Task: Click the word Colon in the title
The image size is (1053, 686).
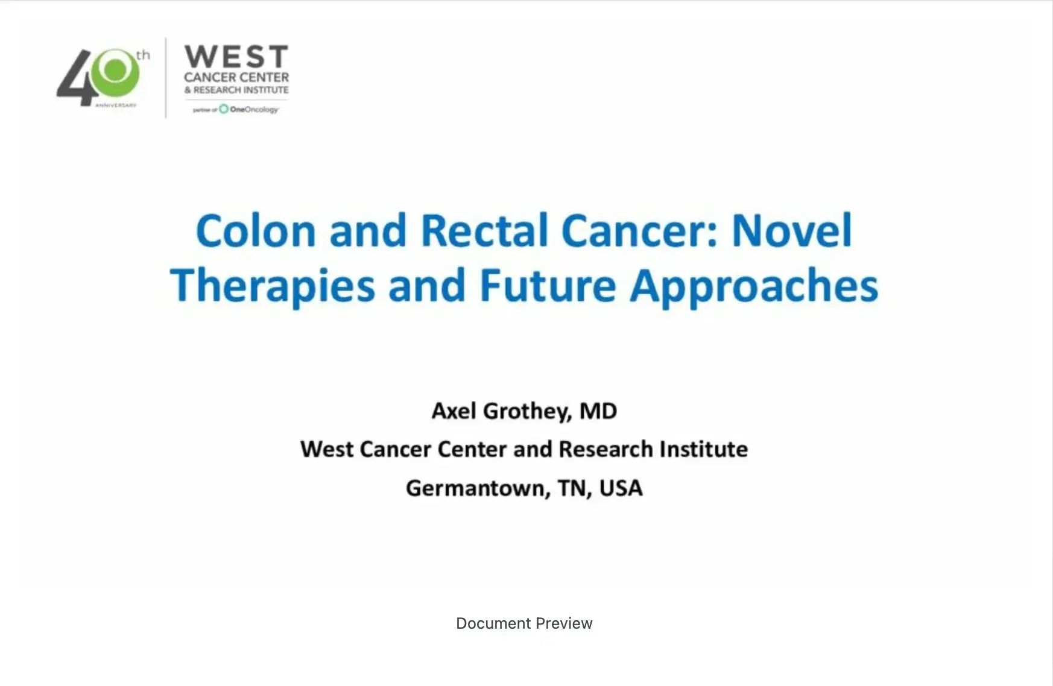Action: click(256, 231)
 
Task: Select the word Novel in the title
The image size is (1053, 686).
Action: click(791, 231)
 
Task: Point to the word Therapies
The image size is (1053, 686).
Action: click(273, 286)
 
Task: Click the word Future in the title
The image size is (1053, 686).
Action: click(548, 286)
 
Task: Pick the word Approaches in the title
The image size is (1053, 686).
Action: click(754, 286)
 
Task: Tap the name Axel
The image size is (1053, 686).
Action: click(454, 411)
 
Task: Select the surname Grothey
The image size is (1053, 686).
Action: click(527, 411)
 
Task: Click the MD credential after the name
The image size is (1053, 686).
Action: click(598, 411)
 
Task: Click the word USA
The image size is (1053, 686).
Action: click(621, 488)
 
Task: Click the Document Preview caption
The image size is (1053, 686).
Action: click(524, 623)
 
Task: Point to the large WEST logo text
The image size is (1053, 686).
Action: click(236, 57)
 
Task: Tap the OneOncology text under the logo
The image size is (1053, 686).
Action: click(253, 110)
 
